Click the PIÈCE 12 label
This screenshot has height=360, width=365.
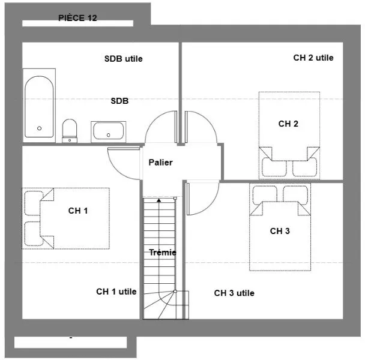(77, 18)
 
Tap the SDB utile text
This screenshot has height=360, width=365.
(124, 59)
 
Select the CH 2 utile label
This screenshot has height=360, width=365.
(313, 58)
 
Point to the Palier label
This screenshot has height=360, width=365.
(161, 162)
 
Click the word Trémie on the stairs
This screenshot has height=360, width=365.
(163, 252)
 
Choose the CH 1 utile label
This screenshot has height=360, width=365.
(116, 292)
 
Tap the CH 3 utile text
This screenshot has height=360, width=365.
(234, 293)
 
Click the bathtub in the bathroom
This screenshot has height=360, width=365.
(39, 106)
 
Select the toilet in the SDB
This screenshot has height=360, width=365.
(70, 131)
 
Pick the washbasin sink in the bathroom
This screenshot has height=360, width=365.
(108, 132)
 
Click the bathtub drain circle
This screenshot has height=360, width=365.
(40, 128)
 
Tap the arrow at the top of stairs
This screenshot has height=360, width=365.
(159, 200)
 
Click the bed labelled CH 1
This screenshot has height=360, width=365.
(66, 218)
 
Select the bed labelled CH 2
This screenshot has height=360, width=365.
(289, 136)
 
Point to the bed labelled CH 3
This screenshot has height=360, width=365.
(280, 227)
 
